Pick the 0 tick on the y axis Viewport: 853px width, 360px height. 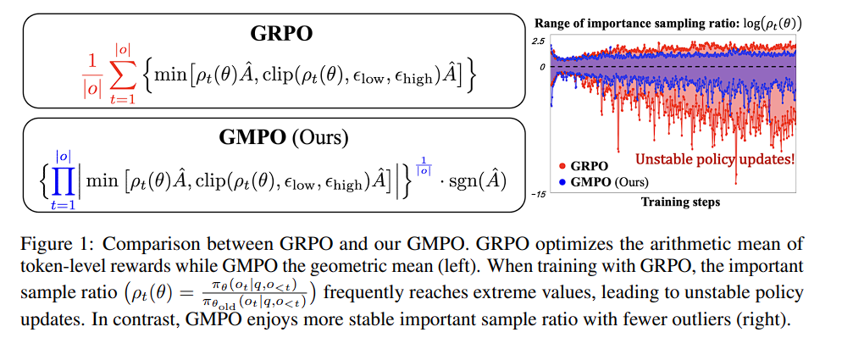(541, 67)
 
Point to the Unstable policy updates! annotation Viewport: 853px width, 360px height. (715, 158)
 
